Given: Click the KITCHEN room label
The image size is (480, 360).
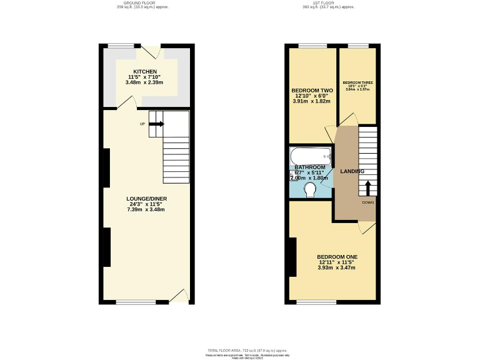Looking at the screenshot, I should [x=145, y=71].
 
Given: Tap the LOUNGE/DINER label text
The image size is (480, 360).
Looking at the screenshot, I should [x=144, y=199].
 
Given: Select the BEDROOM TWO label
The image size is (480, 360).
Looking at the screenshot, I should [x=312, y=90].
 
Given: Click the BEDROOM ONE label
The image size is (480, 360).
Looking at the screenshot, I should [x=337, y=257].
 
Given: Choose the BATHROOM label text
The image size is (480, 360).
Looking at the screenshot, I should [x=310, y=167].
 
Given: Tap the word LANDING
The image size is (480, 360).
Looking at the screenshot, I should [x=352, y=171].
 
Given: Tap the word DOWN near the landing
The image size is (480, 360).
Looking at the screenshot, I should [x=367, y=202].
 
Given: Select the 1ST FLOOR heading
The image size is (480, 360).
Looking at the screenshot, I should [x=328, y=4].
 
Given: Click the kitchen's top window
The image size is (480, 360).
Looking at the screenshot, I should [x=120, y=46].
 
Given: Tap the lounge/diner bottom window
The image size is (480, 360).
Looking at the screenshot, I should [x=135, y=302].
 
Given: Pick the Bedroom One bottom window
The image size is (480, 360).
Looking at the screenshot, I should [x=316, y=302].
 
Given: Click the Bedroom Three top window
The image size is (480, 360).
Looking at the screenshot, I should [x=357, y=46].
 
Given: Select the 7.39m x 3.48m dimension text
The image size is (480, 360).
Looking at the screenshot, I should [x=144, y=209].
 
